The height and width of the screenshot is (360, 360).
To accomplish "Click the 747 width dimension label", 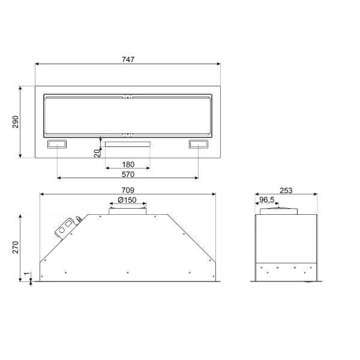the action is [128, 59].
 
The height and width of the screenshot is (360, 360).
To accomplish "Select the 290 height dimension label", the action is [16, 122].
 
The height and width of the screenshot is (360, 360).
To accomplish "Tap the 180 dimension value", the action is [128, 164].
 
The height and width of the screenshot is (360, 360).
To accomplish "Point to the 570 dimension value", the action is [128, 174].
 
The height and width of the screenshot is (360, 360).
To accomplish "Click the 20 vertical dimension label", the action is [97, 153].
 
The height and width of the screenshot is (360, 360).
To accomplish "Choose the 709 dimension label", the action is [128, 190].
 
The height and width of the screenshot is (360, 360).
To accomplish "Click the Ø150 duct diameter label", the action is [127, 200].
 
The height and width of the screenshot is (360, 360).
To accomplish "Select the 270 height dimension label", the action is [16, 247].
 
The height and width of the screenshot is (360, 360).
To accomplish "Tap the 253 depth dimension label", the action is [286, 190].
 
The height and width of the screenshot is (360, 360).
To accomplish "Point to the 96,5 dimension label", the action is [266, 200].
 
